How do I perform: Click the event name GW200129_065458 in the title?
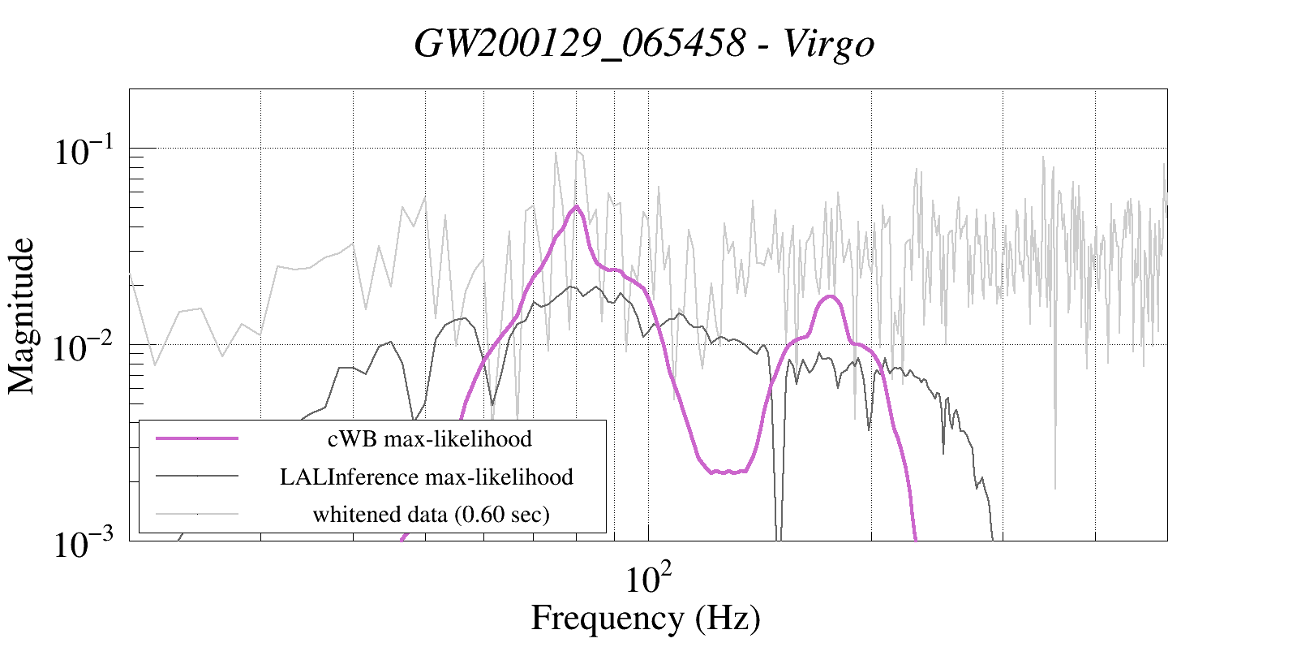pyautogui.click(x=579, y=43)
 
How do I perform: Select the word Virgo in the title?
pyautogui.click(x=829, y=43)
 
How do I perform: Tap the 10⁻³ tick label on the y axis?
pyautogui.click(x=85, y=544)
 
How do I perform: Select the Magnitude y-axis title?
pyautogui.click(x=22, y=316)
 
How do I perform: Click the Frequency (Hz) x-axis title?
pyautogui.click(x=646, y=618)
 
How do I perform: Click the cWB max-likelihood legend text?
pyautogui.click(x=429, y=439)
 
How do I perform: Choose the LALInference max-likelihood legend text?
pyautogui.click(x=426, y=477)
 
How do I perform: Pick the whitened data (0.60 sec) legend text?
pyautogui.click(x=431, y=514)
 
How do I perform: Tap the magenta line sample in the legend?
pyautogui.click(x=197, y=438)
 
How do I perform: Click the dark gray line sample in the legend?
pyautogui.click(x=197, y=476)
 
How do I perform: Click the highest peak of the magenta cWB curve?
pyautogui.click(x=576, y=207)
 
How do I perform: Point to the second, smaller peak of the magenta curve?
pyautogui.click(x=829, y=297)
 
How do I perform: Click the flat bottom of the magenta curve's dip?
pyautogui.click(x=728, y=471)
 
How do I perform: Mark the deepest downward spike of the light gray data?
pyautogui.click(x=1055, y=487)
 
